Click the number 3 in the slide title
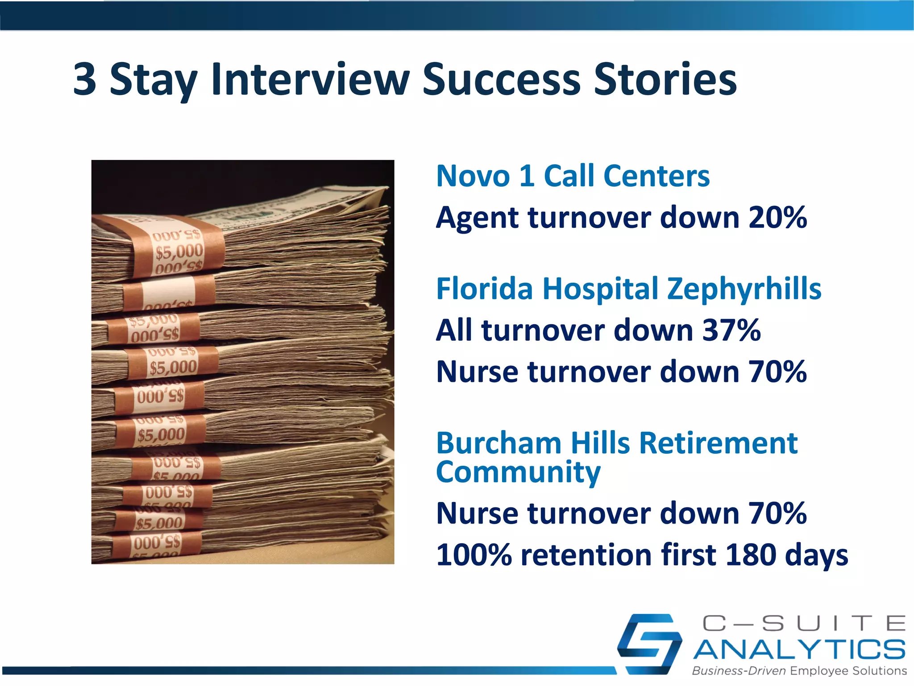pos(85,79)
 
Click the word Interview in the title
pos(310,79)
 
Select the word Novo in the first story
pos(473,176)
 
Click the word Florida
pos(484,289)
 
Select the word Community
pos(518,473)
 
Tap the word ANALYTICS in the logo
pos(799,650)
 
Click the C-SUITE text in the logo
pos(803,623)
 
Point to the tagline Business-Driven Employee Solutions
pos(799,671)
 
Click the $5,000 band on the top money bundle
pos(179,252)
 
